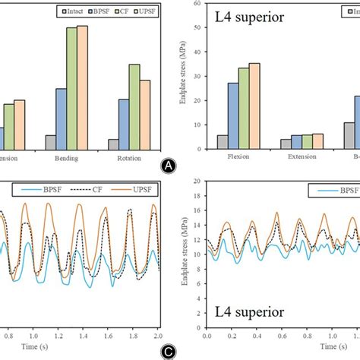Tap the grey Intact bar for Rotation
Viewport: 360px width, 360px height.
[113, 144]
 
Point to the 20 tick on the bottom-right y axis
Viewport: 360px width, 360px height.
[197, 182]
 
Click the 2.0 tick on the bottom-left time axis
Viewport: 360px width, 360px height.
[158, 335]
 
